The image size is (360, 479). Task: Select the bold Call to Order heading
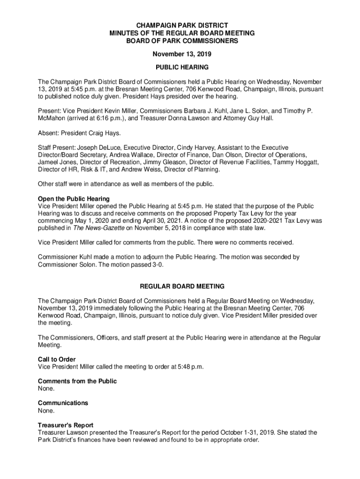click(x=57, y=359)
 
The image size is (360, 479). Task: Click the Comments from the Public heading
click(x=77, y=381)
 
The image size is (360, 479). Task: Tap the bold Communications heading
click(x=63, y=403)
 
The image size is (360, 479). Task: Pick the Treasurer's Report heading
click(x=65, y=425)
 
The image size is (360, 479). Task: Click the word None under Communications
click(x=46, y=411)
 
